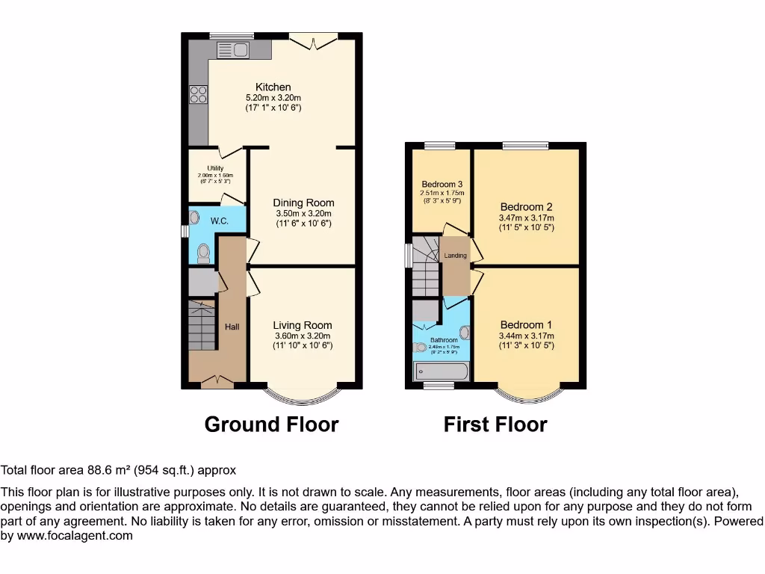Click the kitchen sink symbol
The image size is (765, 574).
[233, 50]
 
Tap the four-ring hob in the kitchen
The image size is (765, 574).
[198, 94]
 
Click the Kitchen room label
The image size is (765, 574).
[273, 87]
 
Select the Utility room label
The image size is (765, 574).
[216, 168]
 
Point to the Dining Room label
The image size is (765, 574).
[303, 203]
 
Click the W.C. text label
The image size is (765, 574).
[219, 221]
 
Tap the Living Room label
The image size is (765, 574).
[303, 325]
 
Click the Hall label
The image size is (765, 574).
[232, 327]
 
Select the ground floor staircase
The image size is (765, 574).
[202, 324]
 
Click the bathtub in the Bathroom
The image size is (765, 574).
[441, 371]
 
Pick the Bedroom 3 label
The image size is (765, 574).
[442, 185]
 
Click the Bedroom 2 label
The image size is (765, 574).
[526, 207]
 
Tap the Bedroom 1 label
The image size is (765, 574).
[526, 325]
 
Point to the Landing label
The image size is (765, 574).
[455, 256]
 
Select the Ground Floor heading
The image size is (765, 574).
[271, 425]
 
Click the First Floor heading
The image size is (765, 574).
[495, 425]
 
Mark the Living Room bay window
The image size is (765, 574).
[302, 395]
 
